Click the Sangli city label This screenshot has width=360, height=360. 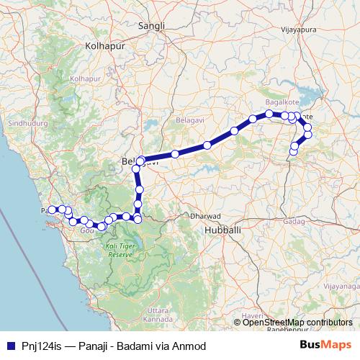pyautogui.click(x=152, y=26)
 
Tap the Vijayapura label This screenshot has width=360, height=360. pyautogui.click(x=299, y=30)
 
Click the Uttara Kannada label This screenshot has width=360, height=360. pyautogui.click(x=157, y=314)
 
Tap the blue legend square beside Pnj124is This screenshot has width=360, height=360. pyautogui.click(x=9, y=346)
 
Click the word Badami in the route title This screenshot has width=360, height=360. pyautogui.click(x=139, y=346)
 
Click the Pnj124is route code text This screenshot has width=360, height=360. pyautogui.click(x=41, y=346)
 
